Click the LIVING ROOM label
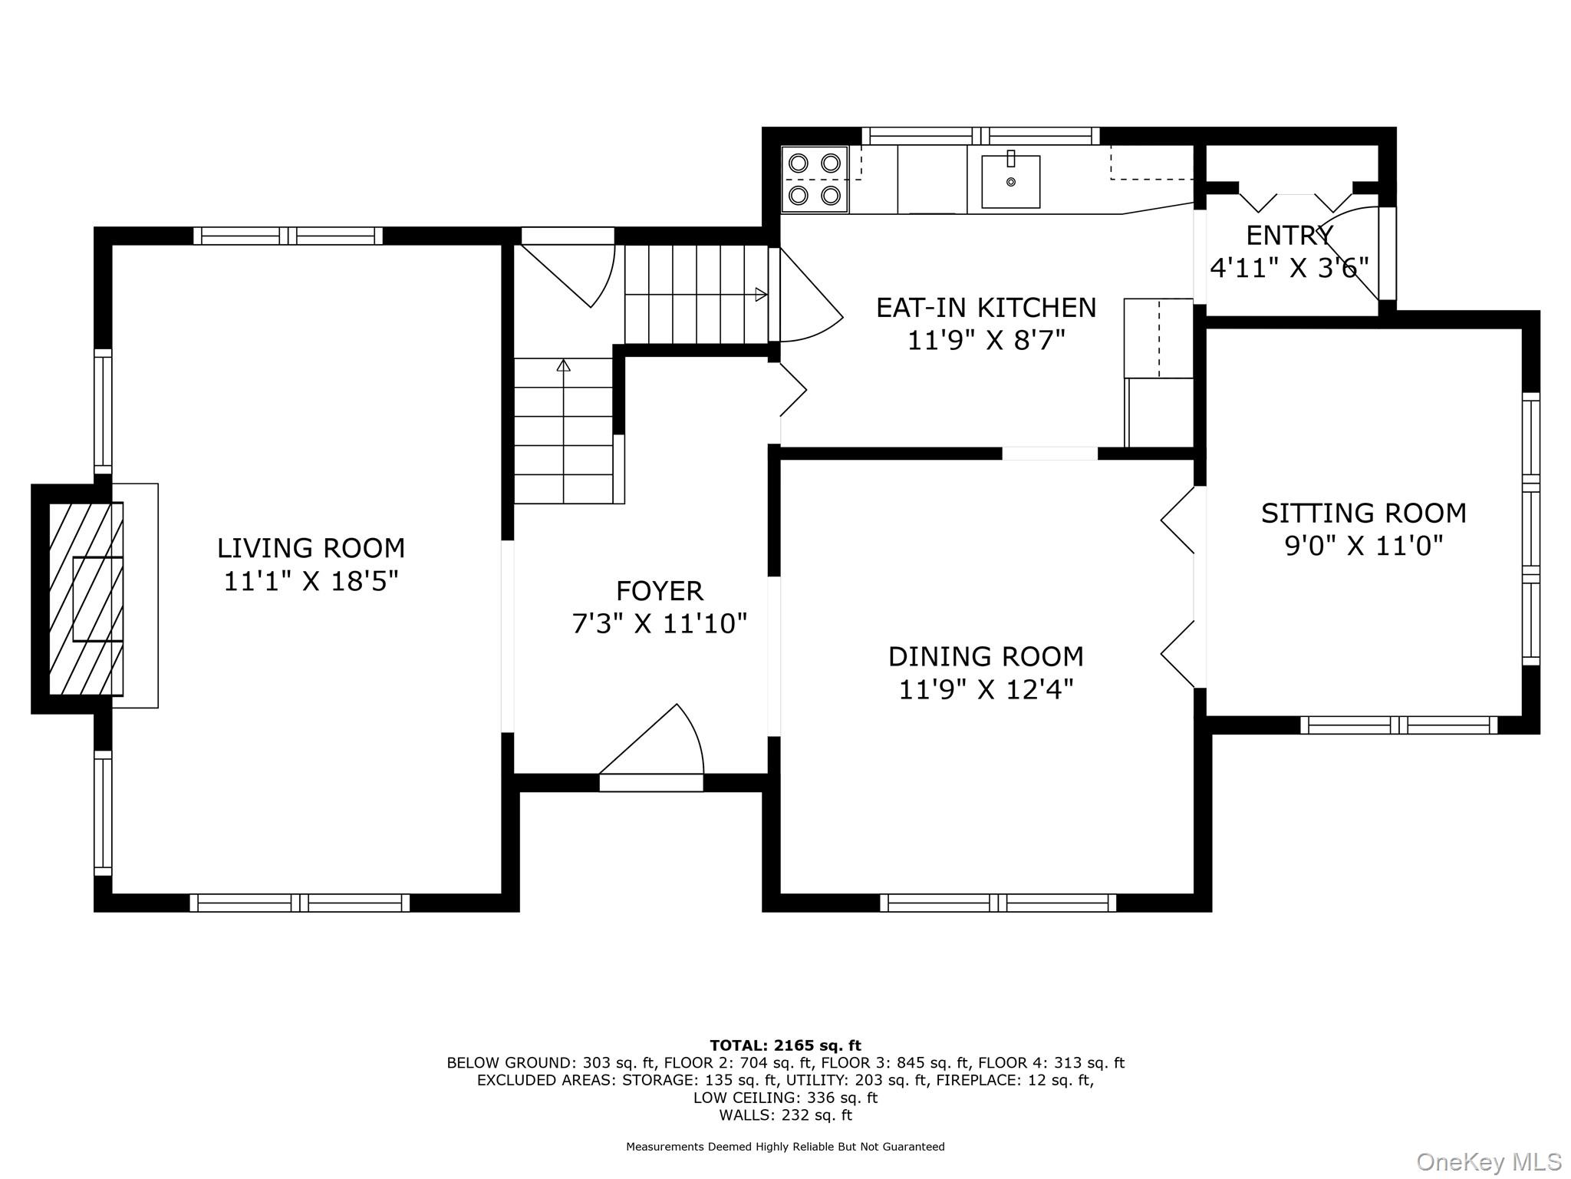coord(311,548)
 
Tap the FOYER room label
coord(660,591)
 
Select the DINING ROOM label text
coord(986,657)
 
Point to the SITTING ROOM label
coord(1364,514)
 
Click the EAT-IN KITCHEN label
coord(986,308)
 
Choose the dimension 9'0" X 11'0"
coord(1364,547)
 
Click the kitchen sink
coord(1011,181)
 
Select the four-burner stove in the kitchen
coord(815,180)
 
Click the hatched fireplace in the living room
coord(86,599)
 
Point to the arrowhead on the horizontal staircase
coord(761,294)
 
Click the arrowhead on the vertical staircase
coord(564,365)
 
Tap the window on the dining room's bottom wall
coord(998,903)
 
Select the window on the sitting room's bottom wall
coord(1399,725)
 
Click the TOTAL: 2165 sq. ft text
coord(785,1045)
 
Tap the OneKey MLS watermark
coord(1488,1161)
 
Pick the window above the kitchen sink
coord(981,137)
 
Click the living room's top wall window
coord(288,236)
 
